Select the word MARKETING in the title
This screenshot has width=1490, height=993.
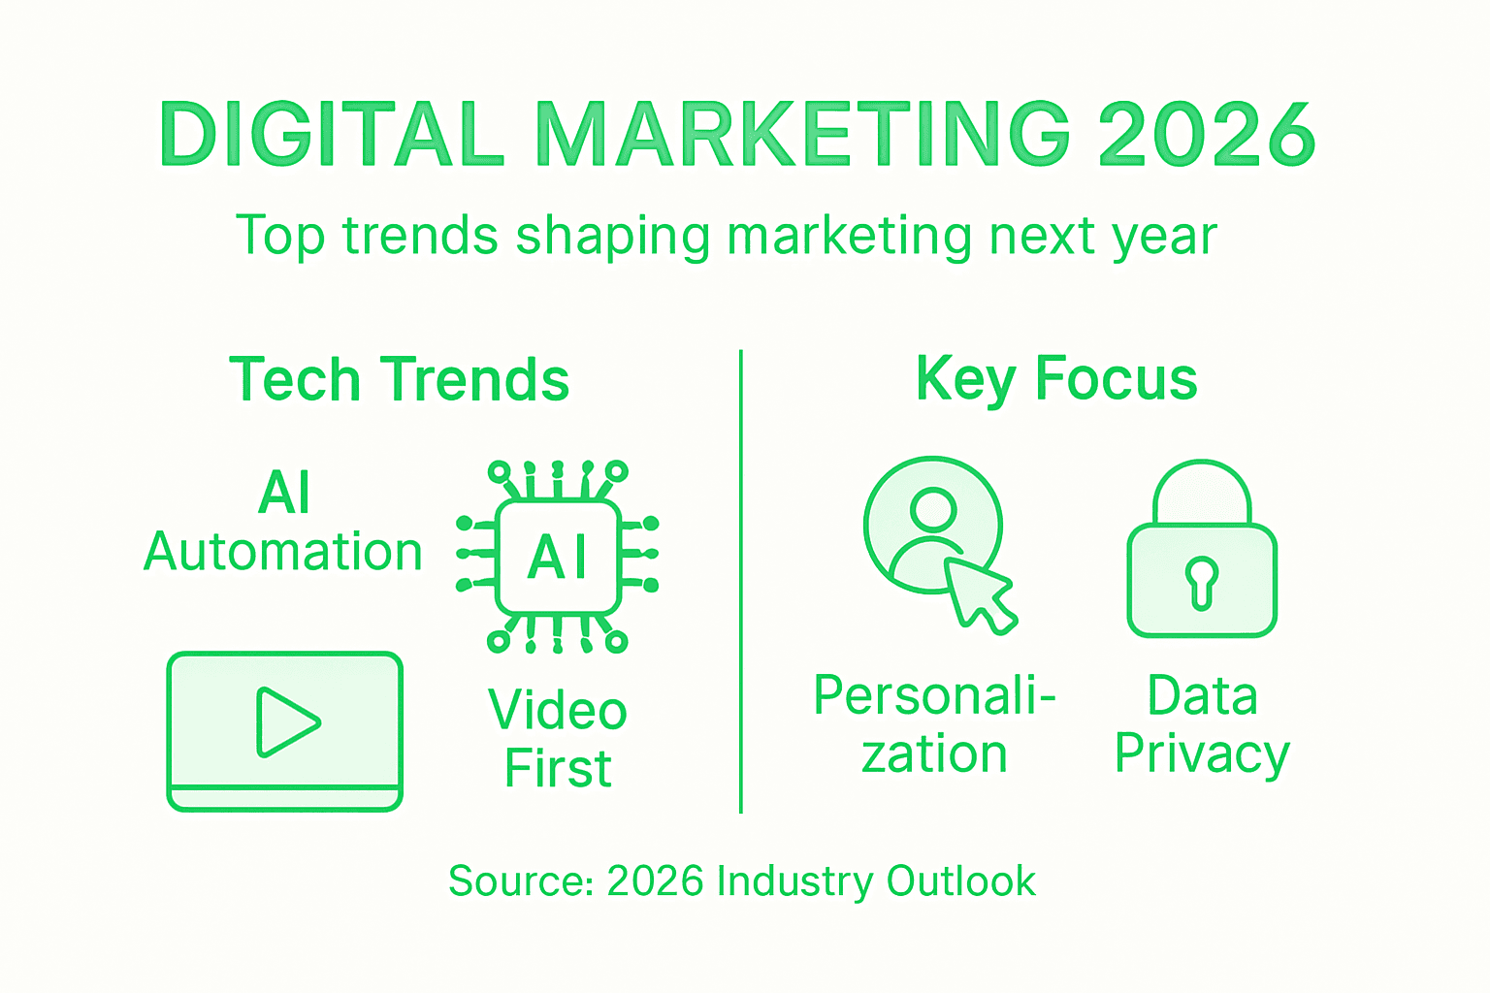pyautogui.click(x=803, y=134)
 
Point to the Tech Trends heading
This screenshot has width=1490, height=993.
pyautogui.click(x=399, y=379)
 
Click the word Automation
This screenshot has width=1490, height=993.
pyautogui.click(x=283, y=552)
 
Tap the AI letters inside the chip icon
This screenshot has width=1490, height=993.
pyautogui.click(x=558, y=558)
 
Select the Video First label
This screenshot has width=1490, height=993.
pyautogui.click(x=558, y=739)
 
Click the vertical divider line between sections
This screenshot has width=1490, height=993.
pyautogui.click(x=741, y=582)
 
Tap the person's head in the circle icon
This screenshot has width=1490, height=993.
pyautogui.click(x=934, y=507)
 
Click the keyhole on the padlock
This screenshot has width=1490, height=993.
pyautogui.click(x=1202, y=582)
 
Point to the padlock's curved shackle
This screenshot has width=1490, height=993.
pyautogui.click(x=1202, y=480)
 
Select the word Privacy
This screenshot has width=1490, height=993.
pyautogui.click(x=1202, y=754)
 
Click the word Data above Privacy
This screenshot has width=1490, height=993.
pyautogui.click(x=1202, y=696)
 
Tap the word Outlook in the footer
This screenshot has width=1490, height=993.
pyautogui.click(x=961, y=881)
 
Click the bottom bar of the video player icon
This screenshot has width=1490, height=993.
pyautogui.click(x=284, y=798)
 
